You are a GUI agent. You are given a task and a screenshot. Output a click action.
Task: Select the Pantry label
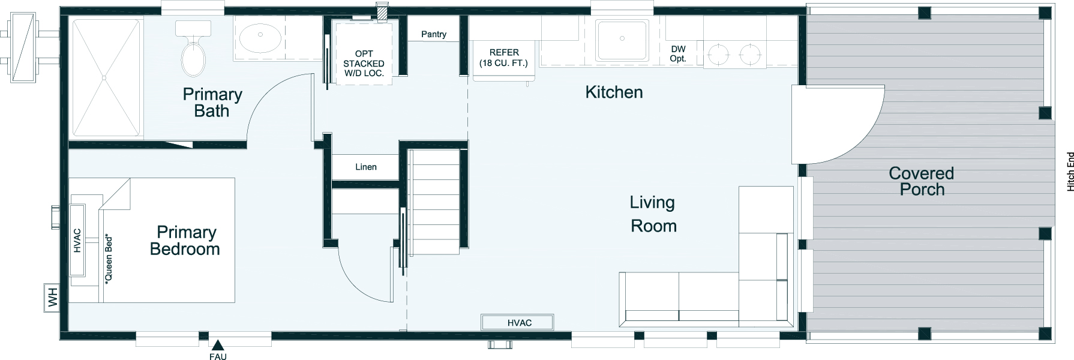click(433, 34)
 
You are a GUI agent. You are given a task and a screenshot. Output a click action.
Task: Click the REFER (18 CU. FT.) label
click(504, 58)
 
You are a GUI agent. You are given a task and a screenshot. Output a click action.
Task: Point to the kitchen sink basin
click(622, 40)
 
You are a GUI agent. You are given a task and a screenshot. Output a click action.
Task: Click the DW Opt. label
click(678, 53)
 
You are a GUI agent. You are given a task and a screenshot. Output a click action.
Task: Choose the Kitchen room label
click(614, 92)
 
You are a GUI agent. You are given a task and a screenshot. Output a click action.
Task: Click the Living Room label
click(653, 214)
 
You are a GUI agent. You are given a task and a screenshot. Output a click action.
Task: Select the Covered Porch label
click(922, 181)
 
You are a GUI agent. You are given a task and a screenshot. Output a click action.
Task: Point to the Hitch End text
click(1070, 172)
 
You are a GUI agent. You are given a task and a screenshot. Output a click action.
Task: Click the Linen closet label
click(366, 167)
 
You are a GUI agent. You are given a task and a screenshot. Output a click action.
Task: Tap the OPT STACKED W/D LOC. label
click(364, 63)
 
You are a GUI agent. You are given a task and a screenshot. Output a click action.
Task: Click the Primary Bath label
click(212, 103)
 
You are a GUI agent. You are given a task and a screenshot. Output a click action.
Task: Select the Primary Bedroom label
click(185, 241)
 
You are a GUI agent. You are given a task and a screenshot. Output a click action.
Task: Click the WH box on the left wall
click(52, 298)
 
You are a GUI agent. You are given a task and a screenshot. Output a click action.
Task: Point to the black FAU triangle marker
click(218, 344)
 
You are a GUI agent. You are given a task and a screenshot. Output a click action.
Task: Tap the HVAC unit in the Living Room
click(520, 323)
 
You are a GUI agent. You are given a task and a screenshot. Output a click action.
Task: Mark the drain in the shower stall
click(104, 77)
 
